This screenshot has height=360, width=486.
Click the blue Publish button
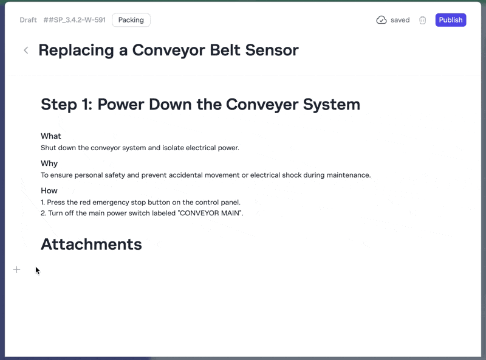click(450, 20)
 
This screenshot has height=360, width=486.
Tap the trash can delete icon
click(422, 20)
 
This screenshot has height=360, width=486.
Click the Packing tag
click(131, 20)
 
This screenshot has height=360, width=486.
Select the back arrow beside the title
click(26, 50)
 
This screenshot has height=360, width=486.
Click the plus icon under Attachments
click(17, 269)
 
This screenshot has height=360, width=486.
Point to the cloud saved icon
click(382, 20)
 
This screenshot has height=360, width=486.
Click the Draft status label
click(28, 20)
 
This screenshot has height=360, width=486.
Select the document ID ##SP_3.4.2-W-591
click(74, 20)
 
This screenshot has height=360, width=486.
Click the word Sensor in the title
click(272, 50)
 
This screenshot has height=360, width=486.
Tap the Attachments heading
click(92, 244)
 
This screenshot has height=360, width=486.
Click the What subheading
click(51, 136)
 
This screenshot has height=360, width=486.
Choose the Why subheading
click(49, 164)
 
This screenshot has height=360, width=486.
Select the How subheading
click(49, 190)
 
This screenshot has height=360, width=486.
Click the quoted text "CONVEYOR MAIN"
click(210, 213)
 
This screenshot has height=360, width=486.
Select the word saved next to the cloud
click(400, 20)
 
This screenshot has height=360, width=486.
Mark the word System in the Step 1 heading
click(331, 104)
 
